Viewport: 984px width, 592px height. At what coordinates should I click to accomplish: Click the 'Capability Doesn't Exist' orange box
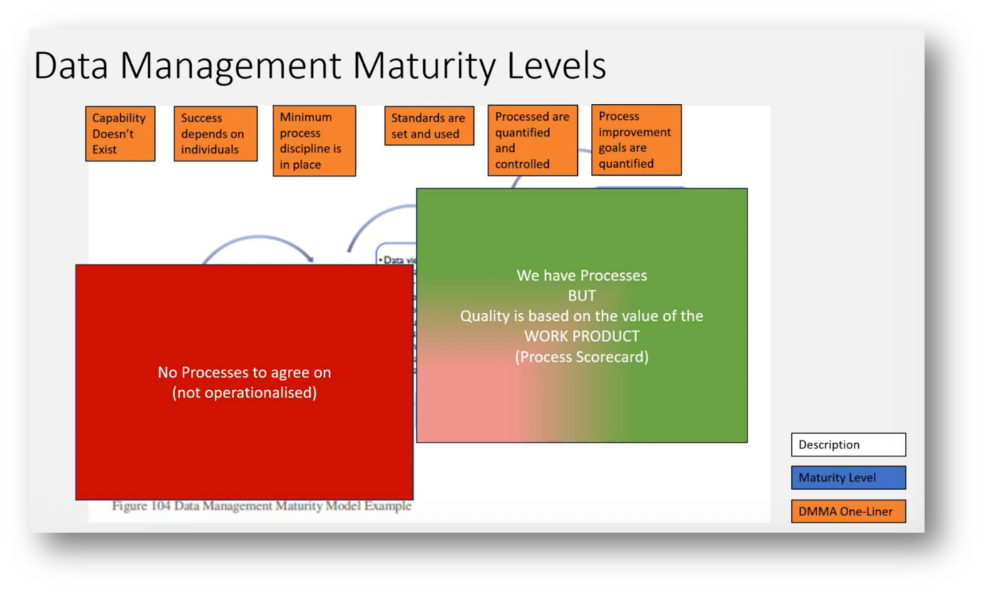(120, 134)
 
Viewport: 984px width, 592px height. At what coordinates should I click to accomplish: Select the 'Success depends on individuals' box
(215, 134)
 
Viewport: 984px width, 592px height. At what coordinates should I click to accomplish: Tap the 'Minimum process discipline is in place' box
(314, 141)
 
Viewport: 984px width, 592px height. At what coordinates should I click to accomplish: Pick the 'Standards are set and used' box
(429, 126)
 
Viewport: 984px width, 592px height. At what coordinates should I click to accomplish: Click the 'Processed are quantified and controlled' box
(533, 140)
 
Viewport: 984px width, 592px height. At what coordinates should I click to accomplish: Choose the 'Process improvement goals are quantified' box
(636, 140)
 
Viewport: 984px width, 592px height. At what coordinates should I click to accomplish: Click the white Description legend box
(848, 444)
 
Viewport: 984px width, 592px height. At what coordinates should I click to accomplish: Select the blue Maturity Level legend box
(848, 478)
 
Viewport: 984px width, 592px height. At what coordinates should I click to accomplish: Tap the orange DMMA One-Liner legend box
(848, 511)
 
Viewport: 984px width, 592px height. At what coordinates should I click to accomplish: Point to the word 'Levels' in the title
(556, 66)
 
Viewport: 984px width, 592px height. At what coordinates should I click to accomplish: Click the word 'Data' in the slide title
(71, 66)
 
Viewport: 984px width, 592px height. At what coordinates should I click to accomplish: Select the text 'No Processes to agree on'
(244, 373)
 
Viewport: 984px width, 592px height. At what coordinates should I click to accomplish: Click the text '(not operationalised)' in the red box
(244, 393)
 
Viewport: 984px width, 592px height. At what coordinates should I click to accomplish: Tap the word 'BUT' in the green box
(582, 296)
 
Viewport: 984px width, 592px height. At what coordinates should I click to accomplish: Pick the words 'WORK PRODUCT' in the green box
(582, 336)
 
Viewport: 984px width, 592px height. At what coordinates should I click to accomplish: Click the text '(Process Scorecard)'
(582, 357)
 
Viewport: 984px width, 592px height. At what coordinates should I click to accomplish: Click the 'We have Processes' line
(582, 276)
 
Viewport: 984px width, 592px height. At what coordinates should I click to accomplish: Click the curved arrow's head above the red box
(309, 259)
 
